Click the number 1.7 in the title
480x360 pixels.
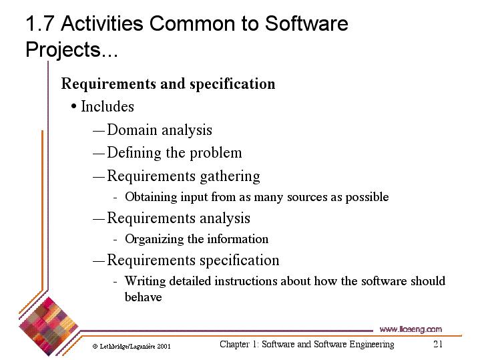click(x=40, y=23)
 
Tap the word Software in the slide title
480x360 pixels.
click(x=306, y=23)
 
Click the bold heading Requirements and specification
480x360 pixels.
click(x=168, y=84)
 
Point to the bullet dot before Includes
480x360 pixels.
click(x=73, y=107)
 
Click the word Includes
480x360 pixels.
click(x=107, y=107)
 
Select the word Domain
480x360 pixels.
click(x=132, y=130)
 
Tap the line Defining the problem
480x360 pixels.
click(x=174, y=153)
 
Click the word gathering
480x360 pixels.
click(x=230, y=176)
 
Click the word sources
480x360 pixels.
click(x=307, y=198)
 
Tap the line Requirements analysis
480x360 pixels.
click(x=178, y=218)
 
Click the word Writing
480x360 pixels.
click(x=145, y=281)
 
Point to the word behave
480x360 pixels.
click(x=144, y=297)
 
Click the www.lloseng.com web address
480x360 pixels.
click(x=411, y=329)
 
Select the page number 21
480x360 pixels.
click(x=438, y=344)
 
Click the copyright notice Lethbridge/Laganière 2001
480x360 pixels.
click(x=132, y=347)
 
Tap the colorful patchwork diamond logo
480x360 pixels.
click(x=48, y=327)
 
